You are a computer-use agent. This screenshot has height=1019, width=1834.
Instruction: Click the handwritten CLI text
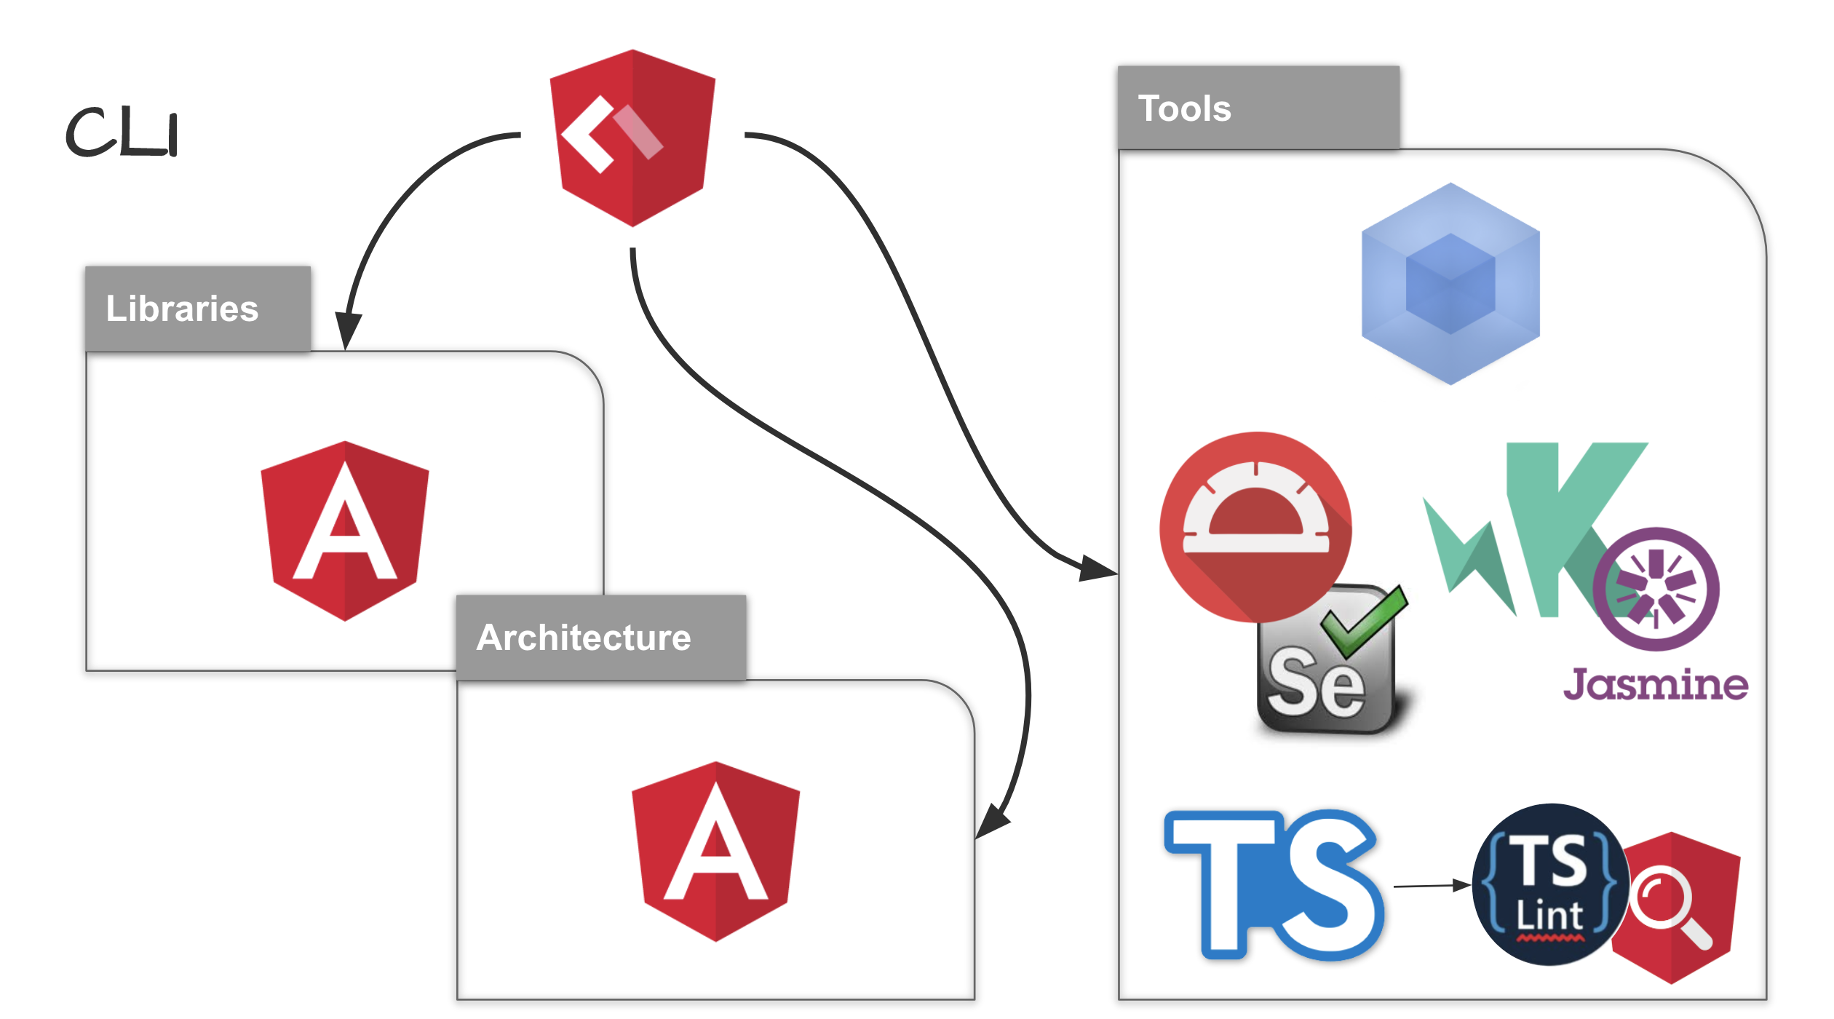click(122, 132)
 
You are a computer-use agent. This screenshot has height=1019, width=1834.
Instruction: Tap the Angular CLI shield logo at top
click(632, 138)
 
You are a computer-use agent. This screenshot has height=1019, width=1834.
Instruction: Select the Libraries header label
click(182, 309)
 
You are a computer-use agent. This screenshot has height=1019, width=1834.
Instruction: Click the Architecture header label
click(584, 638)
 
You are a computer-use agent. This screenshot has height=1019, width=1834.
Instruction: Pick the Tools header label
click(1184, 108)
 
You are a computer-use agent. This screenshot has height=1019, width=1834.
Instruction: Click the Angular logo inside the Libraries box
click(344, 531)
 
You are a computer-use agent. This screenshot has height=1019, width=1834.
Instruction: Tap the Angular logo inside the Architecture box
click(715, 852)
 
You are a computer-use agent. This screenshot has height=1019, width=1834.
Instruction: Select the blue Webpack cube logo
click(1450, 284)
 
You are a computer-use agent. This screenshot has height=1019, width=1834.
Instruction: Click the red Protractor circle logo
click(1255, 524)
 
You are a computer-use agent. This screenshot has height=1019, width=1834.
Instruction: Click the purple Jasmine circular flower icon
click(1656, 588)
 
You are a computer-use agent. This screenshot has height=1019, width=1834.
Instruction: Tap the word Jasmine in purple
click(1655, 685)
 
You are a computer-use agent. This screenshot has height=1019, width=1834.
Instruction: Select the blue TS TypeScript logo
click(1274, 884)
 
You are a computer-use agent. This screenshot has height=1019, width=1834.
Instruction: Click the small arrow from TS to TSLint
click(1430, 886)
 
